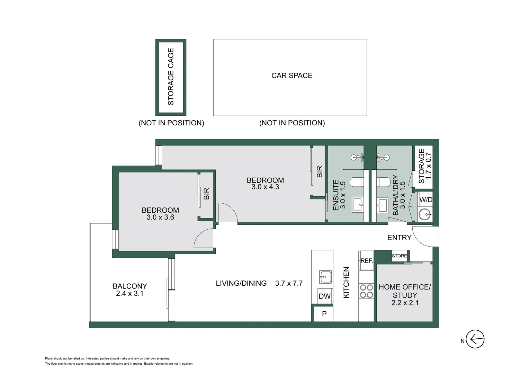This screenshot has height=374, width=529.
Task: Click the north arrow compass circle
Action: coord(475,339)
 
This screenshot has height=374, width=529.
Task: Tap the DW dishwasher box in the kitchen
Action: coord(324,296)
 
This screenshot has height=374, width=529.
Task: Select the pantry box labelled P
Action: coord(324,314)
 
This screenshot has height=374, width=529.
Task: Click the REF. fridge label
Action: coord(366,260)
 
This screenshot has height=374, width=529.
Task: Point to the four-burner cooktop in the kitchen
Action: coord(366,291)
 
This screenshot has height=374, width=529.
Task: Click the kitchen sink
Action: coord(325,277)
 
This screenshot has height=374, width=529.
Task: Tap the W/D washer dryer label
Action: coord(425,199)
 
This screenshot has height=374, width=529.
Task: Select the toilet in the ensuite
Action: coord(357,182)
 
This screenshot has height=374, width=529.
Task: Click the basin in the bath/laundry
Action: coord(382,205)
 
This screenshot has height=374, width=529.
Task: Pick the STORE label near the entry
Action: coord(399,256)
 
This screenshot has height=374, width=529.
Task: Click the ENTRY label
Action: coord(399,238)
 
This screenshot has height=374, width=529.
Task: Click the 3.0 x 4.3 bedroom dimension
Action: coord(265,187)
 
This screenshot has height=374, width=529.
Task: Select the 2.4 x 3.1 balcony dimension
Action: coord(129,294)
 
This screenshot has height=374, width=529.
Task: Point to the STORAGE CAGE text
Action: coord(171,77)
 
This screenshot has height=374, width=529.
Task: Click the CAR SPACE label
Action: coord(292,75)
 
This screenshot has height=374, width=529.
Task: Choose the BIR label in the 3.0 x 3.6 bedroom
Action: coord(206,194)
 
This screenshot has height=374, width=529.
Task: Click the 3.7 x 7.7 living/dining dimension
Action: coord(289,283)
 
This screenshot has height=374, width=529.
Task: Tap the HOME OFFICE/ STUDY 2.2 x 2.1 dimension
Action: coord(405,303)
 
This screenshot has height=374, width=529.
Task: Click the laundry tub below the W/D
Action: coord(425,214)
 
